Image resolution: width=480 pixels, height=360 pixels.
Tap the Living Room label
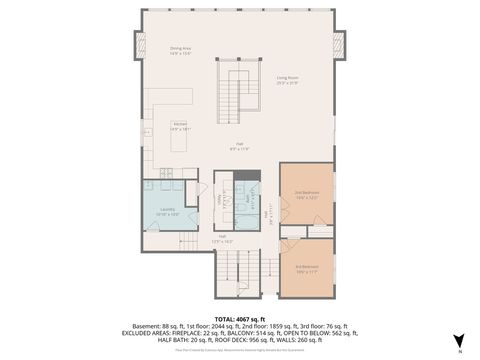[288, 80]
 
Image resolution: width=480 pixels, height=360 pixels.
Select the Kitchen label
[180, 127]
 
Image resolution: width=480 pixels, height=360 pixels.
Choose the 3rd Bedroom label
[305, 268]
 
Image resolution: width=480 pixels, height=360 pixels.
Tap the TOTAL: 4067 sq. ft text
[240, 291]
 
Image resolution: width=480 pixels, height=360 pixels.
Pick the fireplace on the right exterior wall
[339, 44]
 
